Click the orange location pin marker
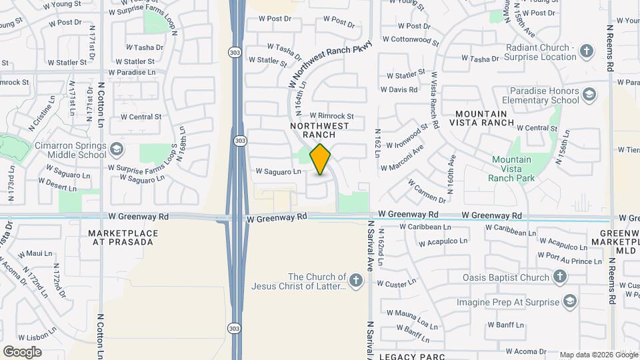coord(321,159)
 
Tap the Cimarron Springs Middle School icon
coord(117,147)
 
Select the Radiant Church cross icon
coord(587,51)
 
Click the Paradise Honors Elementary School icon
coord(589,94)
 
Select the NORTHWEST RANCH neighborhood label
coord(319,130)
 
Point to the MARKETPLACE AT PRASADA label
coord(121,237)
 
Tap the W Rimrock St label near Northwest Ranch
coord(331,116)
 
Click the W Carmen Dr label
coord(427,191)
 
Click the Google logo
coord(22,352)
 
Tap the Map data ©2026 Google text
coord(598,355)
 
